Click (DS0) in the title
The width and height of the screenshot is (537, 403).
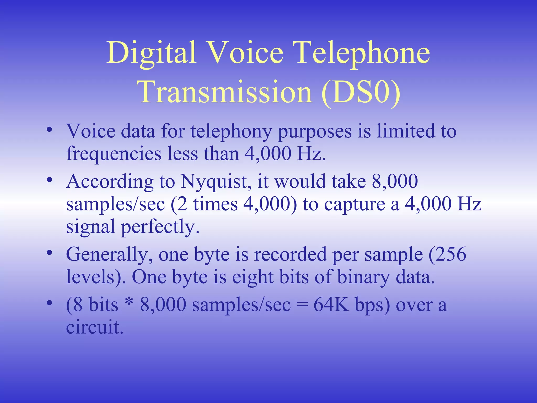361,92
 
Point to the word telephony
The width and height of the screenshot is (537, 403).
231,131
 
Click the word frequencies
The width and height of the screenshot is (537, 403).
114,154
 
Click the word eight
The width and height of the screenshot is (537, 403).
253,277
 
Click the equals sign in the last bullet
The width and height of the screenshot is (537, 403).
302,305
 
